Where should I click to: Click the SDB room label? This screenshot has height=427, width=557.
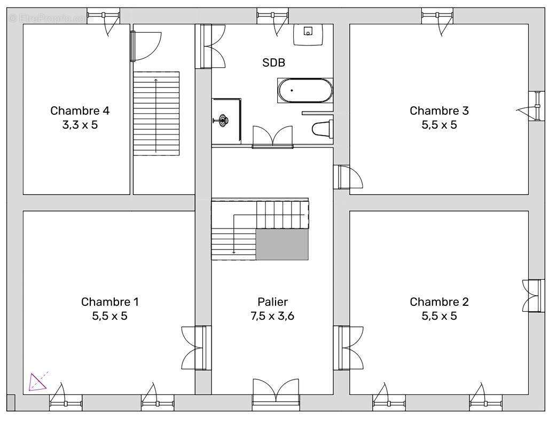(x=273, y=63)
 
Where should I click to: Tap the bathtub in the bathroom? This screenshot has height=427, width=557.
(x=305, y=91)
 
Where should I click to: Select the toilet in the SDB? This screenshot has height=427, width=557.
(x=323, y=129)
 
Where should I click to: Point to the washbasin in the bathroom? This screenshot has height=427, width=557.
(x=308, y=35)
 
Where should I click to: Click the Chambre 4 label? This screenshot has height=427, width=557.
(x=80, y=110)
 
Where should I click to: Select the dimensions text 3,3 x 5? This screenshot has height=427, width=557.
(x=80, y=125)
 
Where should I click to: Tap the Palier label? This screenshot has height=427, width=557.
(x=272, y=302)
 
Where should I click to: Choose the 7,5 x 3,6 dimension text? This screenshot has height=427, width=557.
(x=272, y=316)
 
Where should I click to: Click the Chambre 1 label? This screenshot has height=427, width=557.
(x=110, y=302)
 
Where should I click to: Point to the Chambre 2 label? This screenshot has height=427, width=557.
(x=439, y=302)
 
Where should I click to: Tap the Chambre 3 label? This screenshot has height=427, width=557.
(x=439, y=110)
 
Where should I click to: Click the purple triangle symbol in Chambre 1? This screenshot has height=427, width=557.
(x=38, y=382)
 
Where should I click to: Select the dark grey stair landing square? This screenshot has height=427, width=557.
(x=282, y=244)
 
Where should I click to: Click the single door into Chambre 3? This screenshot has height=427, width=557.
(x=348, y=177)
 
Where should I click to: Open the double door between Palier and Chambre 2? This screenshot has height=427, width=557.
(x=348, y=348)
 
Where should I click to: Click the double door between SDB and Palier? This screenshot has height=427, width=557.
(x=272, y=137)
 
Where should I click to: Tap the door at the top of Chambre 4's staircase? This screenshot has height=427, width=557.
(x=146, y=46)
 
